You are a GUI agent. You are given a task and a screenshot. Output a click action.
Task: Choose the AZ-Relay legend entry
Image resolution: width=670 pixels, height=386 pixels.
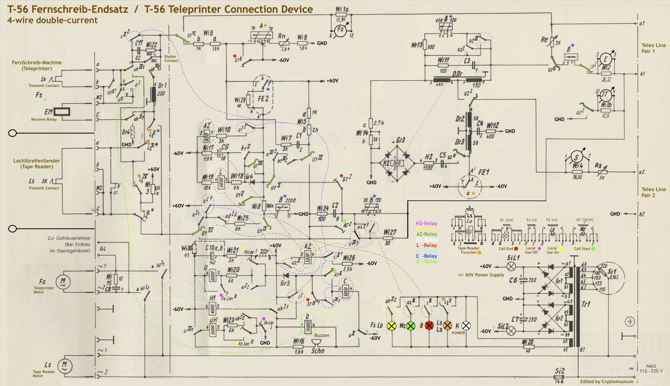(x=427, y=234)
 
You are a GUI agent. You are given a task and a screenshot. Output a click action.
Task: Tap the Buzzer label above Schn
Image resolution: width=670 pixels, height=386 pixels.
(x=322, y=335)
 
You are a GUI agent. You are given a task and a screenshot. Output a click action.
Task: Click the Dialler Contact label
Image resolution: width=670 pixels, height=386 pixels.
(x=171, y=59)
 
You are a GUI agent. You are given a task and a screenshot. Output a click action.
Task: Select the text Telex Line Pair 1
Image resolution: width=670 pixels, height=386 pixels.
(x=653, y=48)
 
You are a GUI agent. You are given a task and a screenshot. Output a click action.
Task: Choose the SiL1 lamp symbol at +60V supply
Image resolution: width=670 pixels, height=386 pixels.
(x=511, y=266)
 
